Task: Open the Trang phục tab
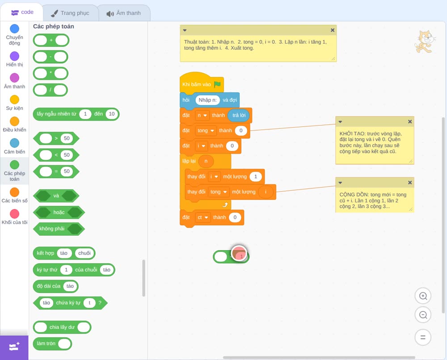click(x=70, y=13)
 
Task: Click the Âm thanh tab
click(x=124, y=13)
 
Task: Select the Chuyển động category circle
click(x=15, y=29)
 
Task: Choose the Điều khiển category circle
click(x=15, y=121)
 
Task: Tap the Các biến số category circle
click(x=15, y=192)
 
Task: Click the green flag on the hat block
click(x=217, y=84)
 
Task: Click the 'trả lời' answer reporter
click(x=239, y=115)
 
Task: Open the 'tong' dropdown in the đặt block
click(x=206, y=131)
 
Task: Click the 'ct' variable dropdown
click(x=202, y=218)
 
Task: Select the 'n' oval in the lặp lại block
click(x=206, y=161)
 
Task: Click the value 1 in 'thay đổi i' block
click(x=256, y=176)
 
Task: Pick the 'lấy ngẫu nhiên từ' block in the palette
click(x=76, y=114)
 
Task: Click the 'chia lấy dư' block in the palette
click(x=62, y=327)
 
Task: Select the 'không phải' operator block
click(x=59, y=229)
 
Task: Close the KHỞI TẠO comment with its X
click(x=409, y=121)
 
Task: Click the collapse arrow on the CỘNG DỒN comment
click(x=340, y=183)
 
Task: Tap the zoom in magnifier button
click(x=423, y=296)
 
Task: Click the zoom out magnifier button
click(x=423, y=315)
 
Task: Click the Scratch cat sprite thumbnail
click(x=425, y=42)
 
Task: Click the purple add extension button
click(x=14, y=347)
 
